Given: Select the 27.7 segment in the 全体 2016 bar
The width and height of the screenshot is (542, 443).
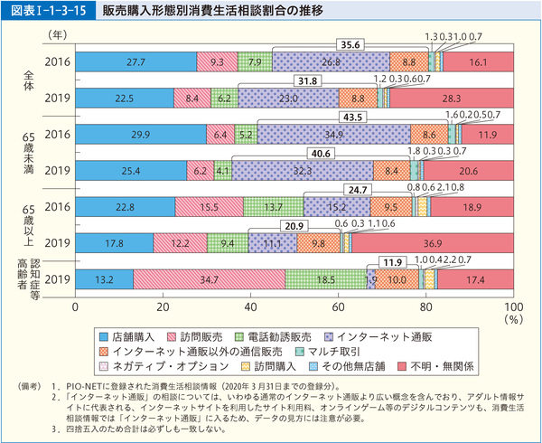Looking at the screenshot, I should pyautogui.click(x=136, y=62).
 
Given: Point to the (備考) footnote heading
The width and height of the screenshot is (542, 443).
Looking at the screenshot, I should pyautogui.click(x=33, y=385).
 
